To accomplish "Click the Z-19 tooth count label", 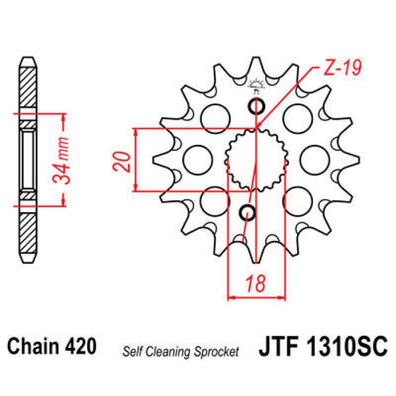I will [342, 69].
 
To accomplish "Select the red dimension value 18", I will [256, 283].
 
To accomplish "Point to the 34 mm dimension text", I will [64, 160].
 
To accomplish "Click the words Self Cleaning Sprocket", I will [180, 351].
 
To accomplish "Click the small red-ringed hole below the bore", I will [247, 212].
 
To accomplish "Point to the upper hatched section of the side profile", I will [28, 91].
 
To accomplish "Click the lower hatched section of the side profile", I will [28, 232].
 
